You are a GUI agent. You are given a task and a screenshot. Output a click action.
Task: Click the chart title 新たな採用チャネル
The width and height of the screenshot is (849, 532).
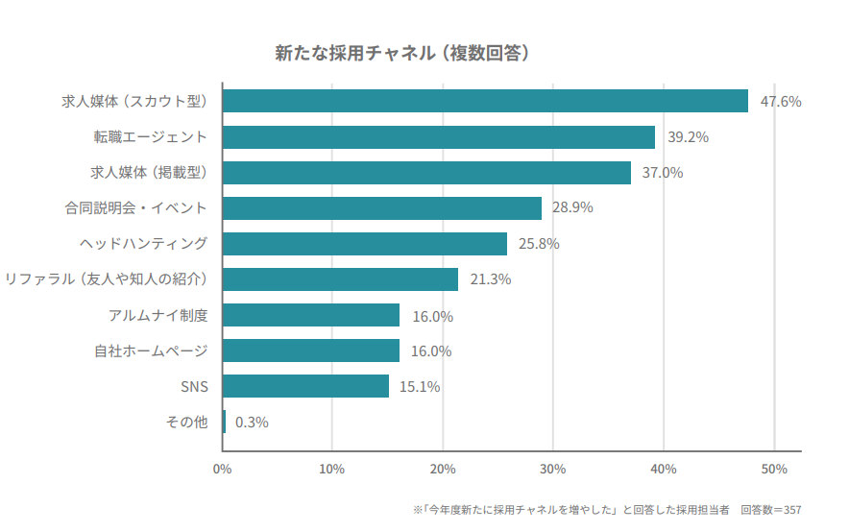[403, 53]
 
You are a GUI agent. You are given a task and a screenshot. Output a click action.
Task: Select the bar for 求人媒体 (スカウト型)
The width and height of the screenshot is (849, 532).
[485, 101]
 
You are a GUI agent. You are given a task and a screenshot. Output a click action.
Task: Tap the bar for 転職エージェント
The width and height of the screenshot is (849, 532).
[439, 137]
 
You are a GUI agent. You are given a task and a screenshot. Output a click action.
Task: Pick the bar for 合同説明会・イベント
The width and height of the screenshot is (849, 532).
[382, 208]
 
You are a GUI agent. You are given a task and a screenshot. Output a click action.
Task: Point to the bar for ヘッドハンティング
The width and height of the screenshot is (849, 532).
[365, 244]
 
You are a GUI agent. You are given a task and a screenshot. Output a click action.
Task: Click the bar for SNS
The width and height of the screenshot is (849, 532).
[305, 386]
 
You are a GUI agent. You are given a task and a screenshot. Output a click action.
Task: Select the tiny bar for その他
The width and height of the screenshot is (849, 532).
[225, 422]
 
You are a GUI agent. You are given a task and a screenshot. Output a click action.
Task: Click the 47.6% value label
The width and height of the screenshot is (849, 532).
[780, 101]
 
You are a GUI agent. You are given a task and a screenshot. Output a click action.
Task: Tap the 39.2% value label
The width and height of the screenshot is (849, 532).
[688, 137]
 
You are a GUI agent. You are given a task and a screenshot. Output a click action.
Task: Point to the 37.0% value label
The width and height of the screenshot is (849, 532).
[663, 173]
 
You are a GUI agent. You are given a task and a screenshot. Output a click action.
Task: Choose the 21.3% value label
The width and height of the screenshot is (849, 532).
[490, 279]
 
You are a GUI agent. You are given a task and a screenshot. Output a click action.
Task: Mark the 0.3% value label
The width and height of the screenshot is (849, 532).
[252, 422]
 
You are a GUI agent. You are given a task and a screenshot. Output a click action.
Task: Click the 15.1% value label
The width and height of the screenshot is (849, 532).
[420, 387]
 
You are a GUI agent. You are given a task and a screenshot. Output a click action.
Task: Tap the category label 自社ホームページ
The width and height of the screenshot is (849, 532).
[151, 351]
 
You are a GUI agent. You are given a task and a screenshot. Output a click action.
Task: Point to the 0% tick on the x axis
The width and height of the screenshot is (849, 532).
[222, 469]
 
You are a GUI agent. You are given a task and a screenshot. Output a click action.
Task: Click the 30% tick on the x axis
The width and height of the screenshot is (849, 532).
[553, 469]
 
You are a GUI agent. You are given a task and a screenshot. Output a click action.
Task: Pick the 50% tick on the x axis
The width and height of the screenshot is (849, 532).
[774, 469]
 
